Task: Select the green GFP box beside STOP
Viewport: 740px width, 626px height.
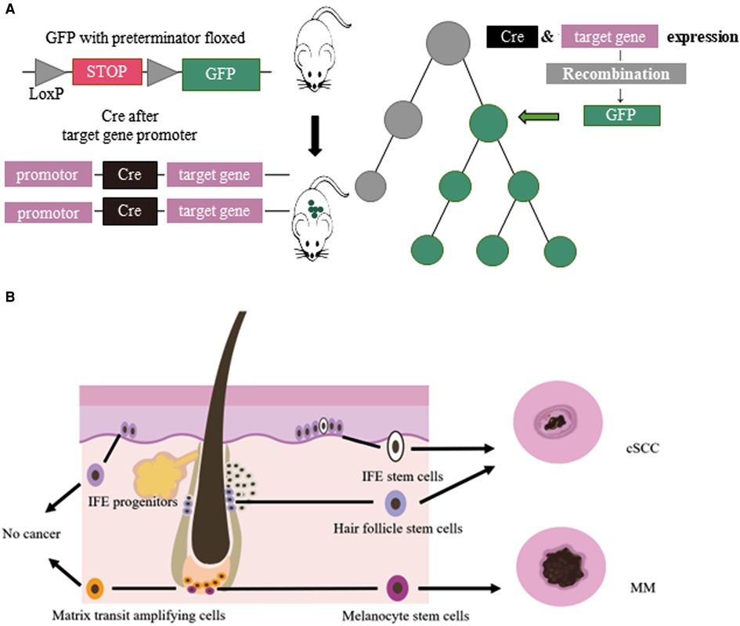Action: click(220, 77)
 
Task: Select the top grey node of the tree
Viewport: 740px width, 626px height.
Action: click(450, 38)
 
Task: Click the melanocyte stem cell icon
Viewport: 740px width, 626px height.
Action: click(397, 588)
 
